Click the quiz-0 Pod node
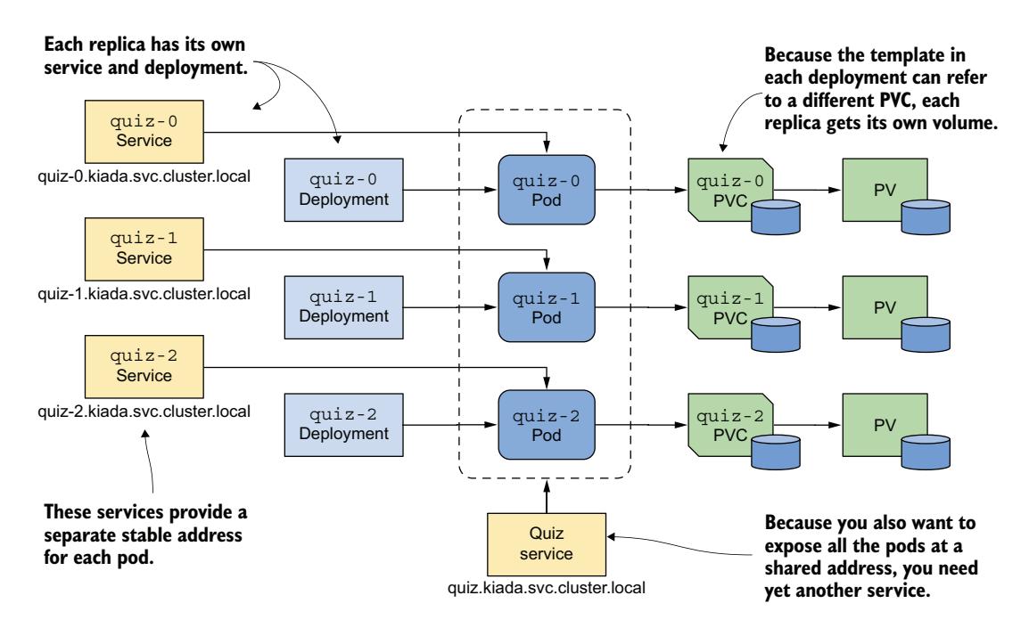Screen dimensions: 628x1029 coord(547,189)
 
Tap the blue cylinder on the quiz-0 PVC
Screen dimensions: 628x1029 coord(774,215)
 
